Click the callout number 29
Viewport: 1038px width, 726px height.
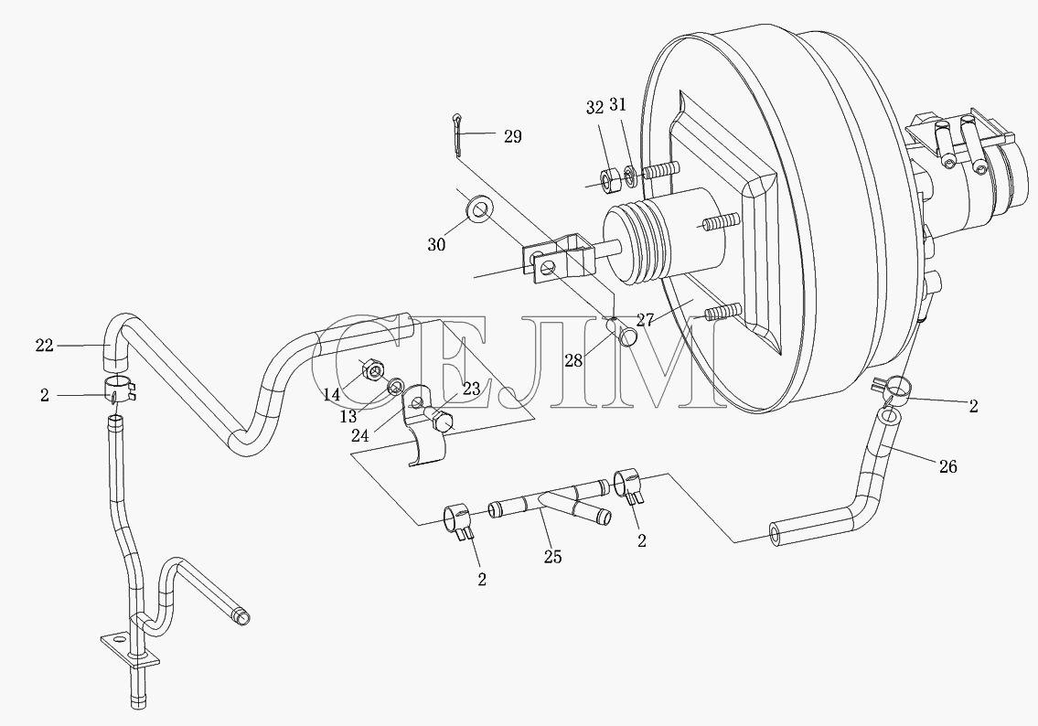(x=512, y=136)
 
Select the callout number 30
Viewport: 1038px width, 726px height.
(x=436, y=244)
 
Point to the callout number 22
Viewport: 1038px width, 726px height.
(x=44, y=345)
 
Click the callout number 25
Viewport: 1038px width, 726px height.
(x=552, y=557)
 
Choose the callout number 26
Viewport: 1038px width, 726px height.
(x=948, y=466)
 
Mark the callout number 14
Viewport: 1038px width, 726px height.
(x=332, y=395)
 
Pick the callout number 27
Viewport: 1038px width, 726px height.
(x=645, y=320)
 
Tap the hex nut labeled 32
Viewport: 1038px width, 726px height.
(x=609, y=179)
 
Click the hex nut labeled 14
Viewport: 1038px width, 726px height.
(x=369, y=368)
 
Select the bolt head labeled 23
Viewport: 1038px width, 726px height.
(x=440, y=421)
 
